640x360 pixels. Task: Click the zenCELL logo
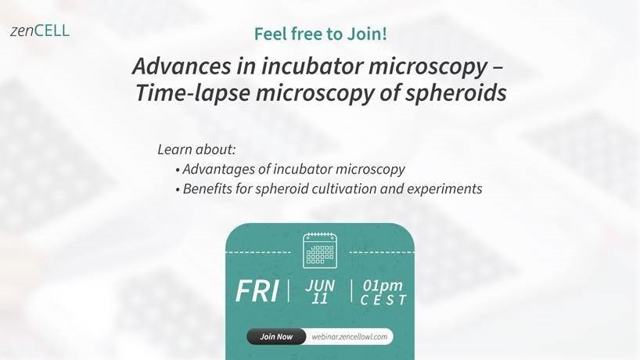click(40, 31)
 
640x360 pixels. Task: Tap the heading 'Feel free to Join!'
click(321, 34)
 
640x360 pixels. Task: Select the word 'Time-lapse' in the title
click(192, 93)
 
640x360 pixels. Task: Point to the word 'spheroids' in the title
click(456, 93)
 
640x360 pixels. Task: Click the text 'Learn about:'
click(196, 149)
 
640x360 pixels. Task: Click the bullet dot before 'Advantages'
click(178, 170)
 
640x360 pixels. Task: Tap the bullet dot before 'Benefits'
click(178, 190)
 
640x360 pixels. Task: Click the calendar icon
click(320, 250)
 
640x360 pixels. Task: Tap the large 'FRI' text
click(257, 291)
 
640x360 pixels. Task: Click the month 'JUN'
click(320, 286)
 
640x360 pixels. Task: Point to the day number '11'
click(319, 299)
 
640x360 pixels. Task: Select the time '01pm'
click(383, 286)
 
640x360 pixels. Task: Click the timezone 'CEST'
click(383, 300)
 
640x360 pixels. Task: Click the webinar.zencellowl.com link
click(350, 337)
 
